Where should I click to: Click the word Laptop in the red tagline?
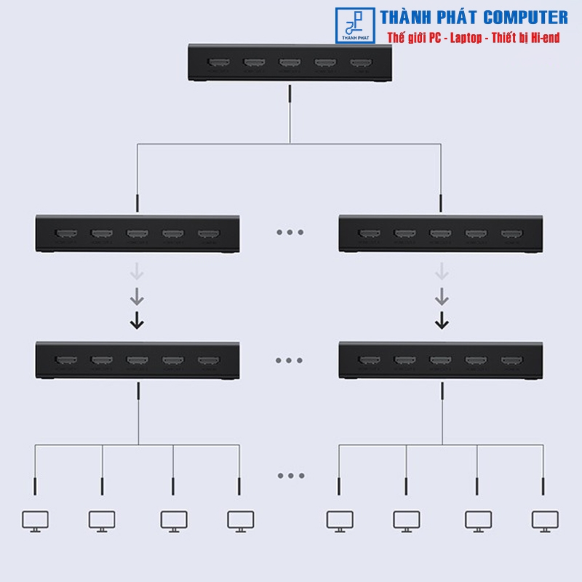point(457,38)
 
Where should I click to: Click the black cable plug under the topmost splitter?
point(290,95)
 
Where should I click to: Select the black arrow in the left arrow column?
point(137,319)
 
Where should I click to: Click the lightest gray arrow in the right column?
point(441,273)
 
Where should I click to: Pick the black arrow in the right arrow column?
point(441,319)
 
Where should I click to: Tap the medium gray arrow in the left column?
point(137,296)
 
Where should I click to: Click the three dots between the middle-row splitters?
point(290,233)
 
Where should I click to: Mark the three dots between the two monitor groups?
point(291,476)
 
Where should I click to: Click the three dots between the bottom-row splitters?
point(290,360)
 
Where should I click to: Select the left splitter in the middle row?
point(138,234)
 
